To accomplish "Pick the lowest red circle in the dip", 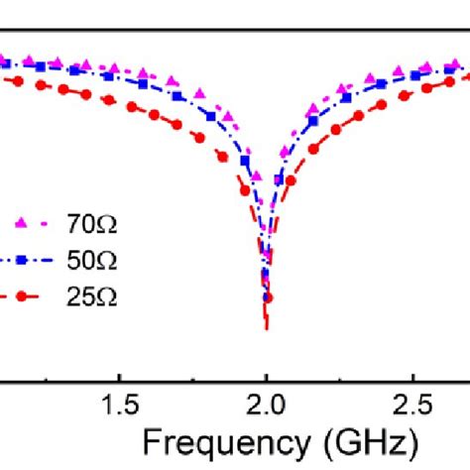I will (x=266, y=296).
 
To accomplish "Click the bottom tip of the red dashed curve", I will (x=266, y=327).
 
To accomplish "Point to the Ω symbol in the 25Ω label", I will (x=107, y=295).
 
